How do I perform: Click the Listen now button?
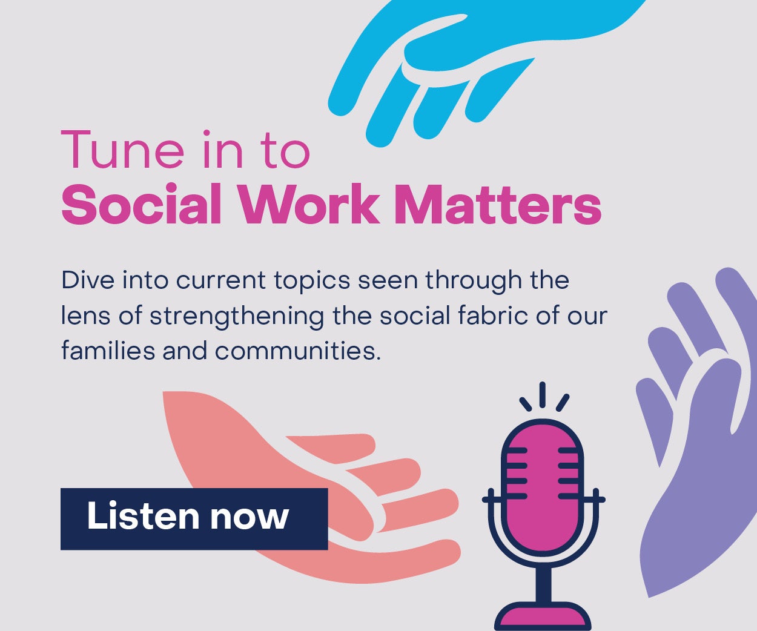pos(194,518)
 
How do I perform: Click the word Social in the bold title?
pos(141,205)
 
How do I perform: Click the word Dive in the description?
pos(88,280)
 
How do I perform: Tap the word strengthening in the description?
pos(236,317)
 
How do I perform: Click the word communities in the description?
pos(297,351)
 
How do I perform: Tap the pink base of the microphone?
pos(543,618)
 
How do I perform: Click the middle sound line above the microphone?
pos(543,395)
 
